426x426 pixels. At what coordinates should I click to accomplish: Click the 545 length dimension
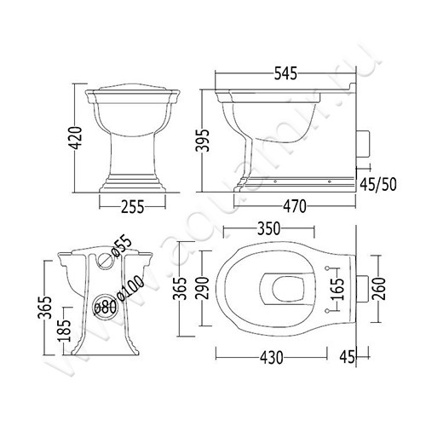tap(285, 73)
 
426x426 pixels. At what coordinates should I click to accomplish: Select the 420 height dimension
tap(76, 138)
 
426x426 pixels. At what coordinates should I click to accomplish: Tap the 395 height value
tap(203, 141)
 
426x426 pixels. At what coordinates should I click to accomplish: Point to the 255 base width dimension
tap(133, 206)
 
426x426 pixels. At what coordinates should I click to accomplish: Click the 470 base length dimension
tap(295, 206)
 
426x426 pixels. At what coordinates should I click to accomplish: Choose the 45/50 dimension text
tap(377, 184)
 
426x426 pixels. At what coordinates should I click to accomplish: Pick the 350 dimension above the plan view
tap(268, 229)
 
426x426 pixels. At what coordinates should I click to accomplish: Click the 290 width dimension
tap(203, 288)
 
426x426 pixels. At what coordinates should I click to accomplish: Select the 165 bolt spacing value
tap(338, 289)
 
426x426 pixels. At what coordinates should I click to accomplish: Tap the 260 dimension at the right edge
tap(379, 289)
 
